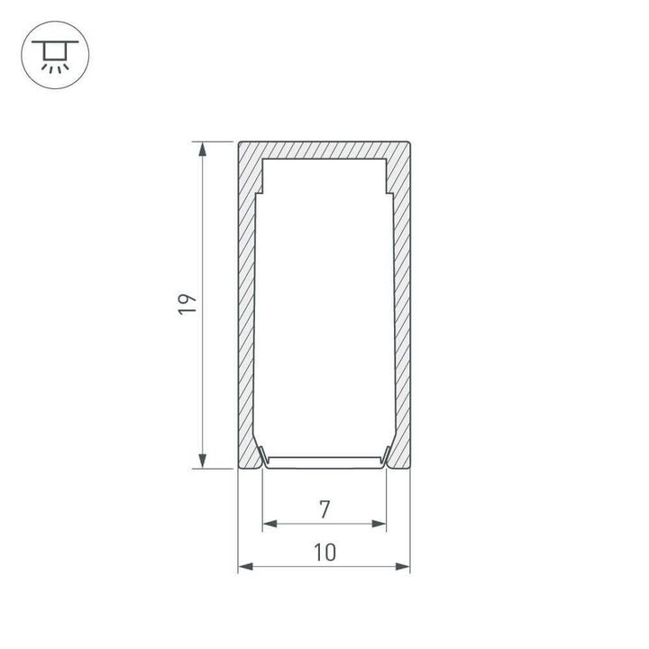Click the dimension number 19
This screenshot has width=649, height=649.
pyautogui.click(x=187, y=304)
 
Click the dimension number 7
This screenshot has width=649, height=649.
pyautogui.click(x=324, y=509)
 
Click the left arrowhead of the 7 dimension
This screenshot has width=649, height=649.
pyautogui.click(x=268, y=524)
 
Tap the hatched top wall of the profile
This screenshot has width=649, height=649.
pyautogui.click(x=324, y=149)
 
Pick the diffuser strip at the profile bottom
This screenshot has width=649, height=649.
pyautogui.click(x=324, y=462)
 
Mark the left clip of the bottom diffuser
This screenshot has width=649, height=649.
pyautogui.click(x=261, y=457)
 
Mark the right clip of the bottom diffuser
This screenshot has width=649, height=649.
pyautogui.click(x=387, y=457)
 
